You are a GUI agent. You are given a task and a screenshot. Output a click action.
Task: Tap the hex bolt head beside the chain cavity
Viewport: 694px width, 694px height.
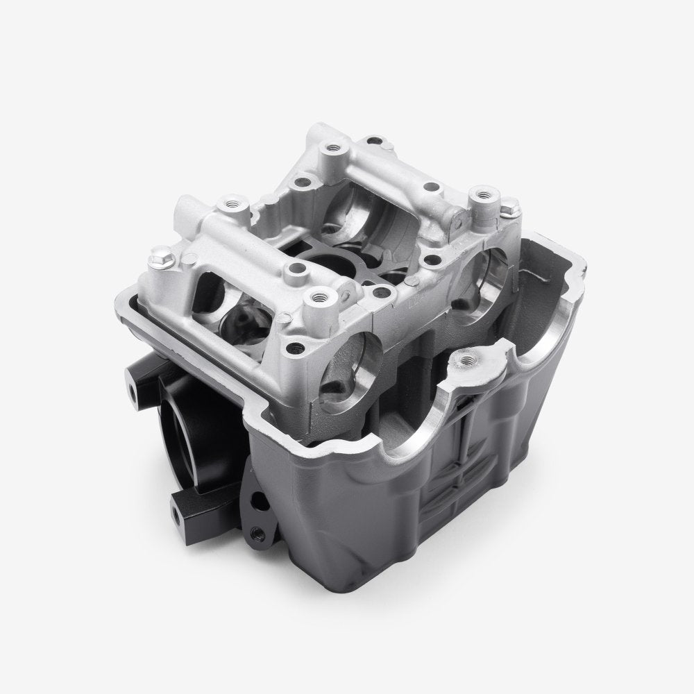point(510,205)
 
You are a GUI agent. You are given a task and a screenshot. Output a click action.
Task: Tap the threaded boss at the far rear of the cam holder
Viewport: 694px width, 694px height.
point(329,148)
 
